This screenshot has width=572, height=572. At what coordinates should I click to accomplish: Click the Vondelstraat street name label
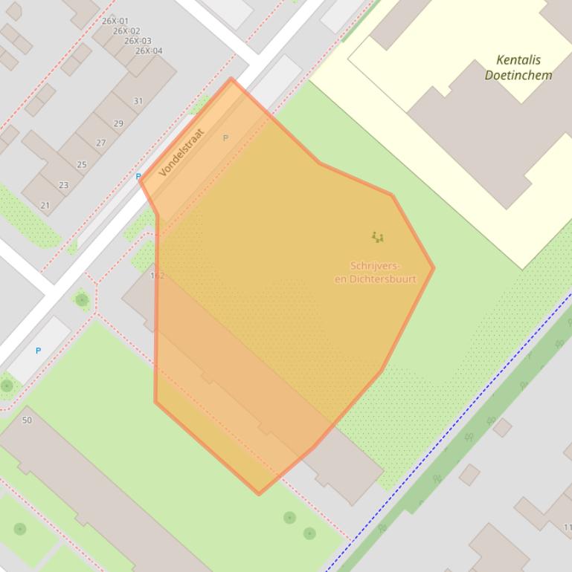[181, 152]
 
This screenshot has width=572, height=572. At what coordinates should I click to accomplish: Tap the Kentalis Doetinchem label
[518, 68]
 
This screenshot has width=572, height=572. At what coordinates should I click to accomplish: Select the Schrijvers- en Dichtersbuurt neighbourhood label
[375, 273]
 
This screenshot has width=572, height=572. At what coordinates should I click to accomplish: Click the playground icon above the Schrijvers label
[378, 237]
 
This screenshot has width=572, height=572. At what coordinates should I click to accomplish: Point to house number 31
[138, 101]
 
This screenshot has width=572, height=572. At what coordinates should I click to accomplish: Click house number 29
[119, 123]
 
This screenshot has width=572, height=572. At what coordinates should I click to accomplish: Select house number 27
[101, 143]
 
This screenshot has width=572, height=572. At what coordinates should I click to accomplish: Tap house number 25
[82, 164]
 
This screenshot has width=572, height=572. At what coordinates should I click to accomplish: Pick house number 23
[63, 185]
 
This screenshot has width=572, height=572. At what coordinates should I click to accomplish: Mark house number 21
[45, 205]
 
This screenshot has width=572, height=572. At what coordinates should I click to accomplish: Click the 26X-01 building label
[115, 22]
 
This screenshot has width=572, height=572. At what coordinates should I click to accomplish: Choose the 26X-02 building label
[126, 31]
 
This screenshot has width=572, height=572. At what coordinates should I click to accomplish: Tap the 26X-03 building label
[138, 41]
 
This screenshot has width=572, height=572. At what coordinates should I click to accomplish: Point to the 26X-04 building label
[149, 51]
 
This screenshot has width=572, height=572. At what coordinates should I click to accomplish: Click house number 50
[28, 420]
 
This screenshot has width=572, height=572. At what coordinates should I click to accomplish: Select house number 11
[568, 527]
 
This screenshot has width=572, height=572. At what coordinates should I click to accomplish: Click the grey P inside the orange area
[225, 138]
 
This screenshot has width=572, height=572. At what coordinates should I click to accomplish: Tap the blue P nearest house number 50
[38, 351]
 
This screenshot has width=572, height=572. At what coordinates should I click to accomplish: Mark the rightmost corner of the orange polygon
[433, 268]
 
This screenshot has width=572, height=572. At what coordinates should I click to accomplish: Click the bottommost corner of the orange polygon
[259, 493]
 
